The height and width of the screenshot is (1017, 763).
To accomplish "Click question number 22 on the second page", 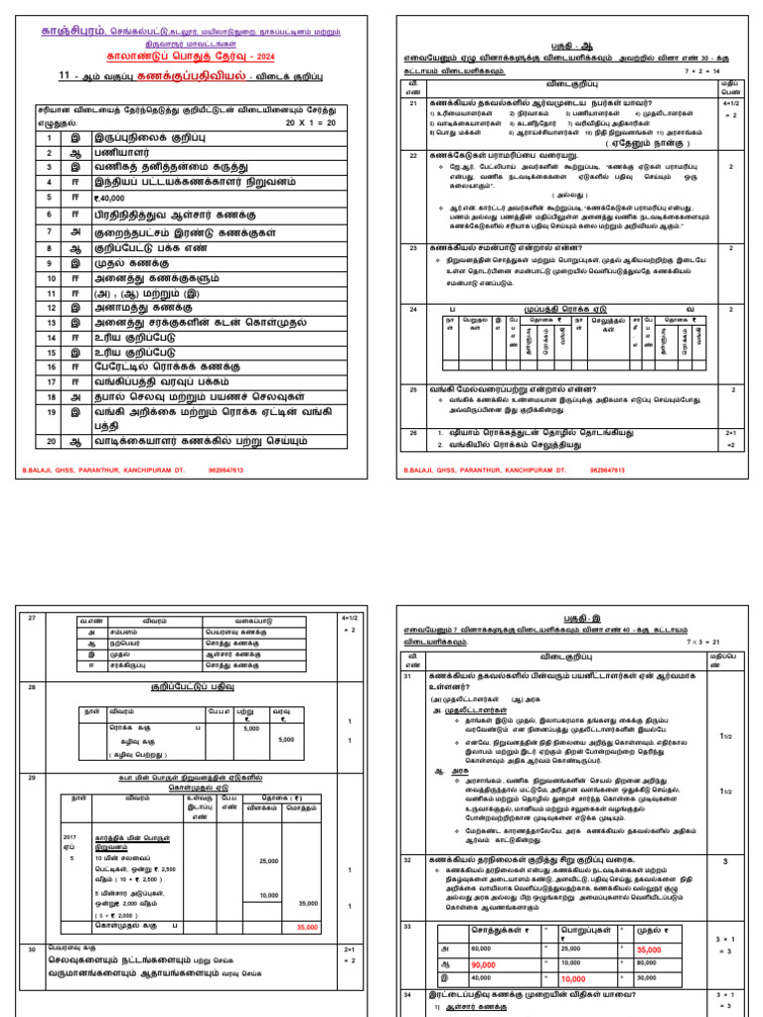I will click(412, 156).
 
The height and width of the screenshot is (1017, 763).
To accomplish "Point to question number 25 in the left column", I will click(412, 390).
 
